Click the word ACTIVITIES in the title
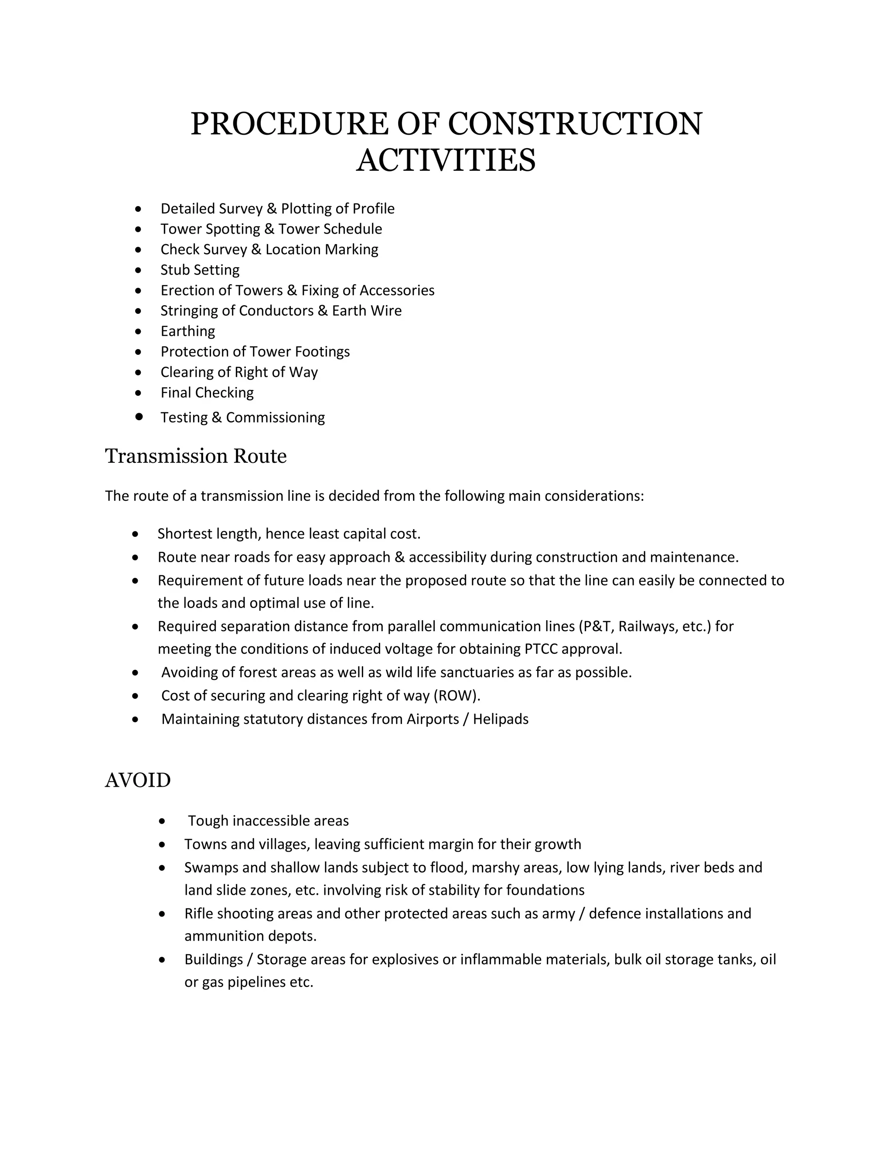[x=446, y=161]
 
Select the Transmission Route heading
[x=196, y=456]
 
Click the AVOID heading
[x=137, y=780]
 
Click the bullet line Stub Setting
[x=200, y=270]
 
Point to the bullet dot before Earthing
[x=139, y=332]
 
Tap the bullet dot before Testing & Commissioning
[x=139, y=416]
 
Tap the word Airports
[x=432, y=719]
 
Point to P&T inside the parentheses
[x=597, y=626]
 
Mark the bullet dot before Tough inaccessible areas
[x=162, y=821]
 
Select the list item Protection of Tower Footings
[x=255, y=352]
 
